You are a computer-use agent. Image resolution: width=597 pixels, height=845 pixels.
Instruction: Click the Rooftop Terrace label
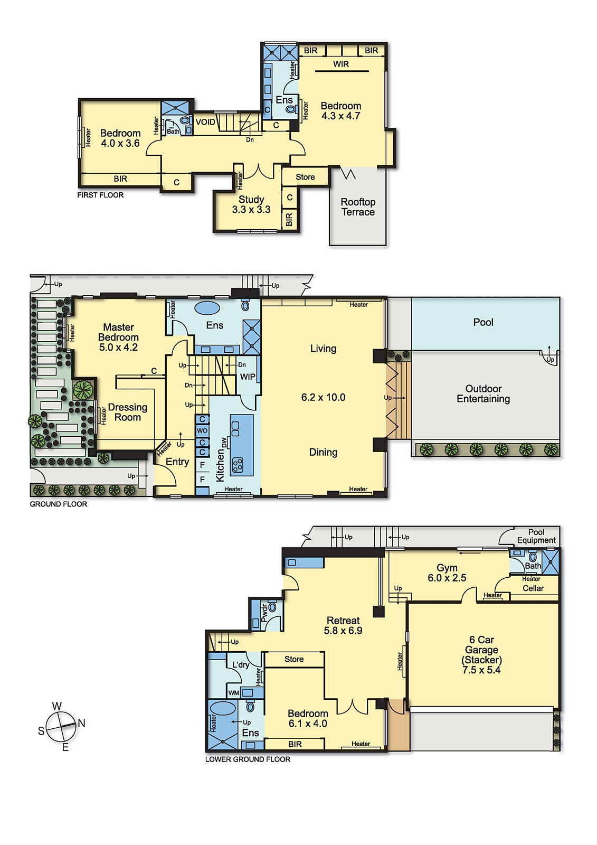click(x=358, y=206)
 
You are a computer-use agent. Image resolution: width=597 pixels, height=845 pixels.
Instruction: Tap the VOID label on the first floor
click(x=205, y=122)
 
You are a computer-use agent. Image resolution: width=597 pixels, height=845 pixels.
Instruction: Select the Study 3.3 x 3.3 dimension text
click(x=251, y=209)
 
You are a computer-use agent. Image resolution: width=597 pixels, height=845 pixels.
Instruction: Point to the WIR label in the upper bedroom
click(x=341, y=64)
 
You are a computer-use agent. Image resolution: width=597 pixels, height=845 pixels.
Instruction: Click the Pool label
click(x=483, y=322)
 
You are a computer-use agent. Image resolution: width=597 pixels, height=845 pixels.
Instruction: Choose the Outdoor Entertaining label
click(x=483, y=393)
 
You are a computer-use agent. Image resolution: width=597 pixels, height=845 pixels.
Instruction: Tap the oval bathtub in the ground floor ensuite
click(x=207, y=308)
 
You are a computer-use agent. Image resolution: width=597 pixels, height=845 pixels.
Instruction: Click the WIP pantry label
click(x=248, y=377)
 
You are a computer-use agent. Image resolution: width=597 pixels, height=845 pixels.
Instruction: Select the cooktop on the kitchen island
click(x=238, y=465)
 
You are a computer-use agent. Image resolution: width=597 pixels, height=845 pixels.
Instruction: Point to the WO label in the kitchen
click(x=202, y=430)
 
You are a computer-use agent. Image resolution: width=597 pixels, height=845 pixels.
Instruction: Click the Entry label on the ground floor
click(x=177, y=462)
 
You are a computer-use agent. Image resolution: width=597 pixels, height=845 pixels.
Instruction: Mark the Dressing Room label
click(x=127, y=412)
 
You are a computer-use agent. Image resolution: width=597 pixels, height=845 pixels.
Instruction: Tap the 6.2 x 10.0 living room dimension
click(x=323, y=397)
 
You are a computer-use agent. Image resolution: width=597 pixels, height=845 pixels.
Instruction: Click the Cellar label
click(x=533, y=588)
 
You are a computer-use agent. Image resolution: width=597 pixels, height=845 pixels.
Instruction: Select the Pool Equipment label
click(x=536, y=536)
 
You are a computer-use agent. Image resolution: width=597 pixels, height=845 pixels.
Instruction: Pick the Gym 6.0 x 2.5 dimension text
click(x=447, y=578)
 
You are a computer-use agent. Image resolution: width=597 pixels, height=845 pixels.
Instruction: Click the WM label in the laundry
click(x=233, y=692)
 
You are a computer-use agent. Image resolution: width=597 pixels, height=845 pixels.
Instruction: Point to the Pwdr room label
click(x=264, y=613)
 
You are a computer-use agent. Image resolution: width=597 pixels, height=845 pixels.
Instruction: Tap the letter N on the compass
click(x=81, y=723)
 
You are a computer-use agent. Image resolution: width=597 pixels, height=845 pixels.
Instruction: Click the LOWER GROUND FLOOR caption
click(x=248, y=759)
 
